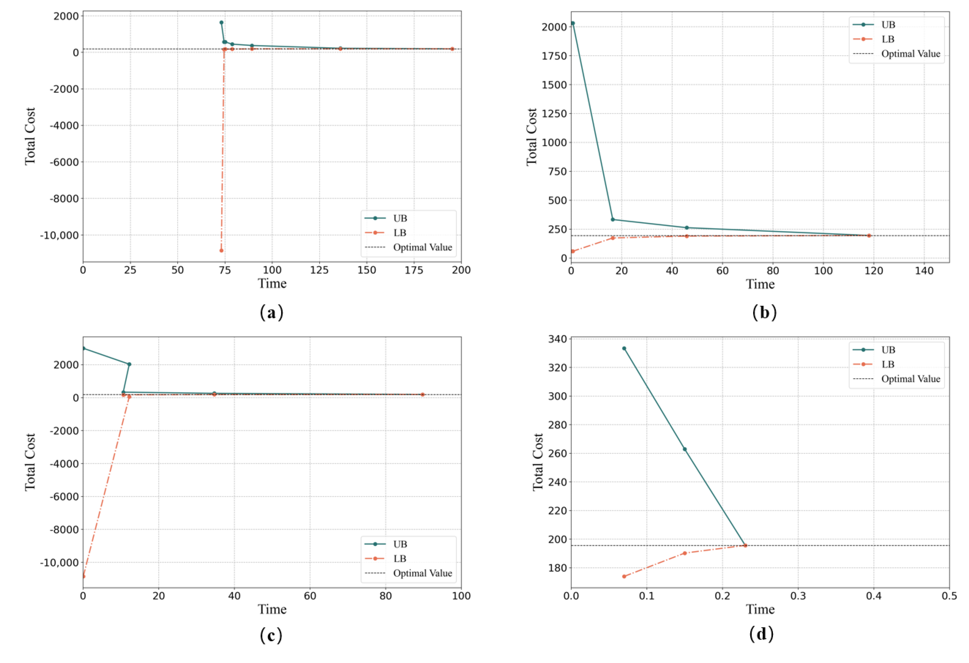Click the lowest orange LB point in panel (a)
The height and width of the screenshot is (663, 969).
222,250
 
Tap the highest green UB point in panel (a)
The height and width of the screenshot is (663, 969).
222,22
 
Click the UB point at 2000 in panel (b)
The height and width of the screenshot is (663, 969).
573,23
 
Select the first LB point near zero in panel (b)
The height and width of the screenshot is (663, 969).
573,251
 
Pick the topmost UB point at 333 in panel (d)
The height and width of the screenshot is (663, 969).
624,348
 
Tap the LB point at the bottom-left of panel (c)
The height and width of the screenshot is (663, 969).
84,576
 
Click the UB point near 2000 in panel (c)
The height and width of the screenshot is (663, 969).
129,364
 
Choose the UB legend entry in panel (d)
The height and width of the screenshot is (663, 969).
888,350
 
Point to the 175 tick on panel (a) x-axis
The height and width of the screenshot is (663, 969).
414,270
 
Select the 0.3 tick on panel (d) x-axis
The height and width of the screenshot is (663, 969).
798,596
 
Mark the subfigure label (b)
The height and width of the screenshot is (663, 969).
764,312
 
